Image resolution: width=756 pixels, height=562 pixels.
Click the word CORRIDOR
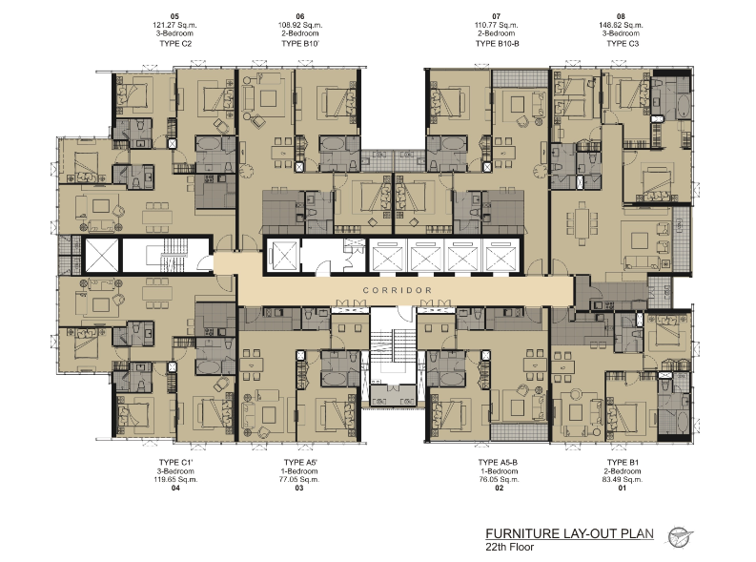coord(398,290)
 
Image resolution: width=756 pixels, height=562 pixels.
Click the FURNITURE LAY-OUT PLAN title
coord(569,533)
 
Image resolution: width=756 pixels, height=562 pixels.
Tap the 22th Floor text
coord(510,547)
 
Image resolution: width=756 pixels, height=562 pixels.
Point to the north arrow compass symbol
coord(680,537)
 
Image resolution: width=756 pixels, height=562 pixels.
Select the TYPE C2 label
coord(175,44)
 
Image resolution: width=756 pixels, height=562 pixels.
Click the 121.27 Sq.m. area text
coord(174,25)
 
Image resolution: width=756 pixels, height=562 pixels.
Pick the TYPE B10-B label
coord(497,44)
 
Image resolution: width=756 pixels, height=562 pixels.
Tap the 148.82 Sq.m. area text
coord(621,25)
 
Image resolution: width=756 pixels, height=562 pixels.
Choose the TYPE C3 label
coord(623,44)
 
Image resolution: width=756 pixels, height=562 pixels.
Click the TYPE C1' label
coord(176,462)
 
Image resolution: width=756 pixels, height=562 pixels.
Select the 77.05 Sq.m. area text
coord(299,480)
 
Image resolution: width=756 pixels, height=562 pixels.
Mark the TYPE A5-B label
coord(498,462)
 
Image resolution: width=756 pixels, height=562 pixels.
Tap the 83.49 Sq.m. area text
coord(622,480)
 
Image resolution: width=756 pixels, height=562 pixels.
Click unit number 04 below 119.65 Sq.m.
coord(175,489)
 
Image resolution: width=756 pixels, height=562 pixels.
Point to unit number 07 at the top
coord(497,16)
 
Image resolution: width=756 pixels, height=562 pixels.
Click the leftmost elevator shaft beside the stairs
coord(101,255)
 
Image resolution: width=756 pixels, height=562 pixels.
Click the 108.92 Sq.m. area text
coord(300,25)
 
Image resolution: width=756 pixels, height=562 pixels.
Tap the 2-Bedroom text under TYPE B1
coord(623,470)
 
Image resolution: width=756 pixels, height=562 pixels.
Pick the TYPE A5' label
coord(300,462)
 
